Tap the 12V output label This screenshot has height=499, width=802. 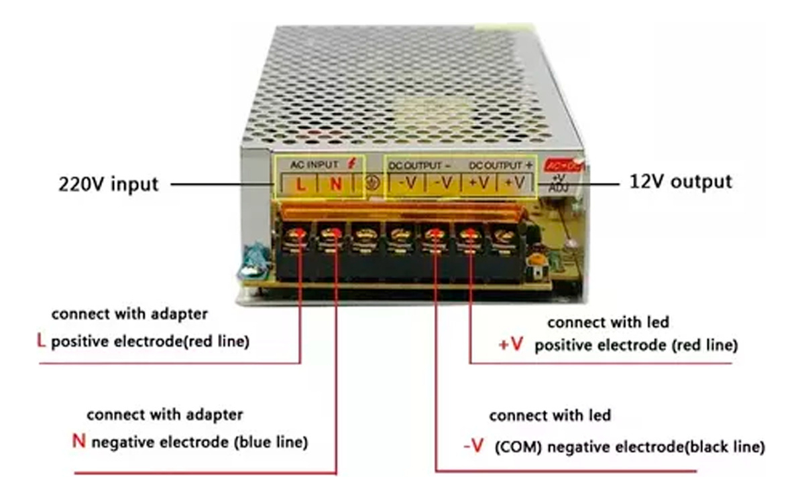[680, 182]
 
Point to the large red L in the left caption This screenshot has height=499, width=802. [42, 342]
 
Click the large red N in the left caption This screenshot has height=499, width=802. [78, 442]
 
